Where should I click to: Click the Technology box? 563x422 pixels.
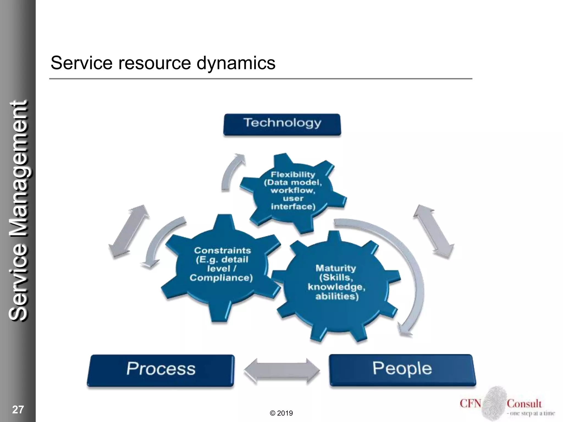click(282, 124)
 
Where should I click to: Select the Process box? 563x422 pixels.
click(161, 370)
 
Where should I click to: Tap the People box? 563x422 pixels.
click(402, 370)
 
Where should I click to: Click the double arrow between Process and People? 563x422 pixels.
click(282, 371)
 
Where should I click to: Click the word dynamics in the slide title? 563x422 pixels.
click(236, 63)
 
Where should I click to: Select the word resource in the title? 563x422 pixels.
click(154, 63)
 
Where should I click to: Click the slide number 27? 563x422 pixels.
click(18, 409)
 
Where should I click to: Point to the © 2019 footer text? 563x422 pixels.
click(281, 413)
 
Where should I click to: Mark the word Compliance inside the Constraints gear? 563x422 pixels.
click(221, 278)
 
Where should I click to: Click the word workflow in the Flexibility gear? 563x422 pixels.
click(293, 190)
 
